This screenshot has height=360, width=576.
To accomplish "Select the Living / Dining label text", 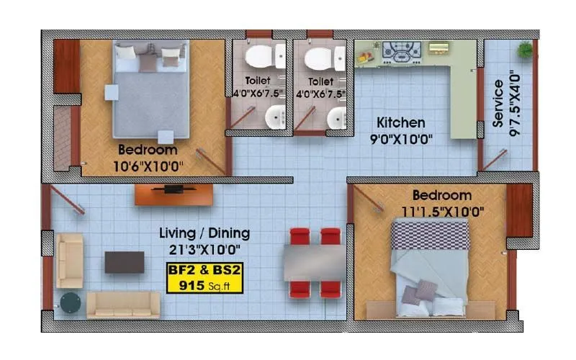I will (204, 233).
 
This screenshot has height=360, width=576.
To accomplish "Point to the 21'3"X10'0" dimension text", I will (204, 249).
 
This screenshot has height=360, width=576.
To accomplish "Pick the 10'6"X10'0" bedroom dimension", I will (148, 166).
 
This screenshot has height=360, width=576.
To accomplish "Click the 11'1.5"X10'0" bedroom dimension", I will (442, 212).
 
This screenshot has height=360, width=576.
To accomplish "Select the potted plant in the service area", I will (525, 50).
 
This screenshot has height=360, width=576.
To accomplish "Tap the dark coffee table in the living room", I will (125, 262).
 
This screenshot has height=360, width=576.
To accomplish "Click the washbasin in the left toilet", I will (274, 117).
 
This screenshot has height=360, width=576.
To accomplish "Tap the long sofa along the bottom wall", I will (123, 305).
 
